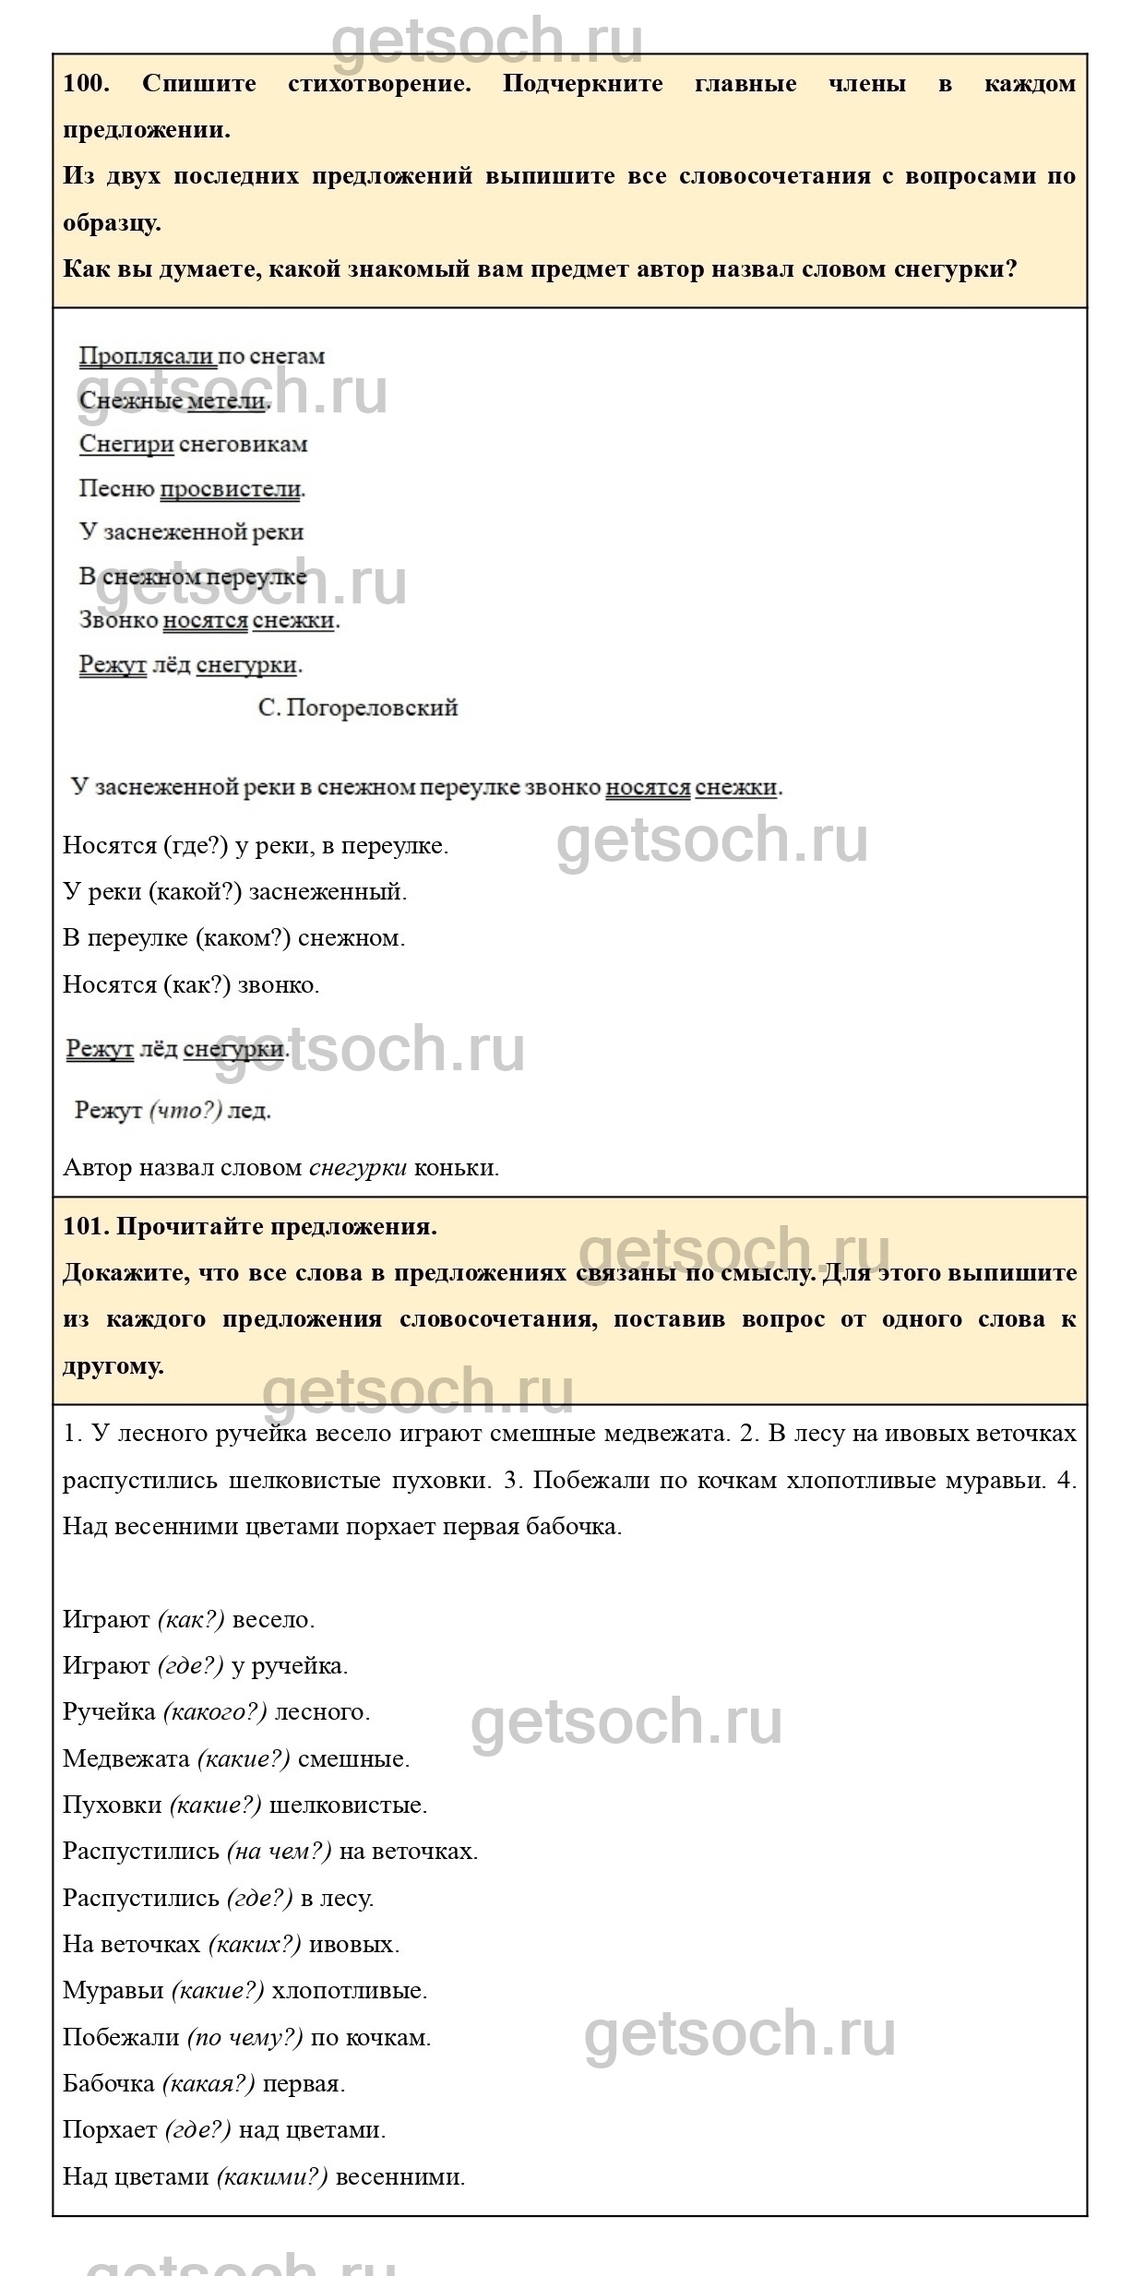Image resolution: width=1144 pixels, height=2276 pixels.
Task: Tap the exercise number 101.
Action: [86, 1227]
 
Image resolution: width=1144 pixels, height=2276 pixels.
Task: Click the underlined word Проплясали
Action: [148, 356]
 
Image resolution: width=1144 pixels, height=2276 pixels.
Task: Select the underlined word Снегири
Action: [126, 444]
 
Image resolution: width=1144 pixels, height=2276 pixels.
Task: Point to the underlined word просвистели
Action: [231, 489]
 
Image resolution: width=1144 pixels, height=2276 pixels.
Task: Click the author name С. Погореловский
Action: [358, 708]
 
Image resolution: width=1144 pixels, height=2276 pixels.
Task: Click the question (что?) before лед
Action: [185, 1111]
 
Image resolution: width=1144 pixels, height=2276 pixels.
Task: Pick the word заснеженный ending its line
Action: [328, 892]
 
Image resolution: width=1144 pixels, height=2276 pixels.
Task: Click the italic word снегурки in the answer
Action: [358, 1167]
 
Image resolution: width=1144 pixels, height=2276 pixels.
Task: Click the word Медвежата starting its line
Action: [126, 1758]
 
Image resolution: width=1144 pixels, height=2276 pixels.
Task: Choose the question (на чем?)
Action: [280, 1851]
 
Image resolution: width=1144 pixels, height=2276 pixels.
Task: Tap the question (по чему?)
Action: [245, 2037]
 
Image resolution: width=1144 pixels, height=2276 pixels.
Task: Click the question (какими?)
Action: [272, 2176]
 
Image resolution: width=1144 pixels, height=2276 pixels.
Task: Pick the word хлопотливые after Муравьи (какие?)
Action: [349, 1990]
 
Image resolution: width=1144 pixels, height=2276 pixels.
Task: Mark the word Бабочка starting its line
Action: [109, 2083]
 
